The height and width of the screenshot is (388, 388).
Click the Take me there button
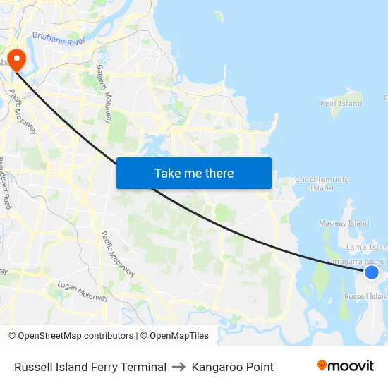click(x=193, y=173)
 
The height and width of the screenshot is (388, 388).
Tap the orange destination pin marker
click(x=14, y=58)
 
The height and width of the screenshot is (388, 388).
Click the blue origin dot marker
click(x=372, y=272)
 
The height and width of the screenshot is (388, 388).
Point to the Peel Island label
click(x=341, y=104)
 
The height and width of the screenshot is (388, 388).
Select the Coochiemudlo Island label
click(x=321, y=184)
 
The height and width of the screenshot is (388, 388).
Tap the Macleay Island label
click(x=344, y=223)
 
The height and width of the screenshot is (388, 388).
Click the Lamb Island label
click(x=367, y=248)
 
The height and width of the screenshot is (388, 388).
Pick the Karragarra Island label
click(x=356, y=261)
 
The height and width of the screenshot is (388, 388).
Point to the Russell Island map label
click(x=365, y=297)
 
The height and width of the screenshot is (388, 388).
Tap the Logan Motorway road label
click(x=83, y=293)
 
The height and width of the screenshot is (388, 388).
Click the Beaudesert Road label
click(x=5, y=182)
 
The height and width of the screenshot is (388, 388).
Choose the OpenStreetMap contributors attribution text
click(x=71, y=336)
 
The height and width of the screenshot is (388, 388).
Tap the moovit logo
click(x=346, y=365)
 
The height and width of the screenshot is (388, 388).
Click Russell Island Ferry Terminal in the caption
click(x=90, y=367)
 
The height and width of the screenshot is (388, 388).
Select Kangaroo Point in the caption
click(x=232, y=367)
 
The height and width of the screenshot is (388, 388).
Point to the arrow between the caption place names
click(x=178, y=367)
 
